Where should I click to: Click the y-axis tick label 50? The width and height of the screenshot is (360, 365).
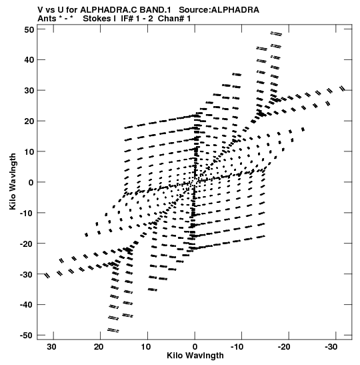pos(29,29)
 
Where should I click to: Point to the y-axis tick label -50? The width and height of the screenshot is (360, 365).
pos(27,336)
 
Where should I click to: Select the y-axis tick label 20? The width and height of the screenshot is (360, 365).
pos(29,121)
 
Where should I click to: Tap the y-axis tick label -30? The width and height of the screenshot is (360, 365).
pos(27,274)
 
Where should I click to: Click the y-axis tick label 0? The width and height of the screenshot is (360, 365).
pos(31,183)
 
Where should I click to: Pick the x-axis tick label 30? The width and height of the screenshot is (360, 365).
pos(51,347)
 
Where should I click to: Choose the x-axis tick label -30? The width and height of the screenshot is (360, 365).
pos(331,347)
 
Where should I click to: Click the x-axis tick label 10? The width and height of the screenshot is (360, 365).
pos(146,347)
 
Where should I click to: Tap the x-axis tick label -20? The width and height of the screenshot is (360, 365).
pos(284,347)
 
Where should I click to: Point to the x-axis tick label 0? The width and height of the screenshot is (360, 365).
pos(195,347)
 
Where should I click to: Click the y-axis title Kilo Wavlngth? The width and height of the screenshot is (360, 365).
pos(13,181)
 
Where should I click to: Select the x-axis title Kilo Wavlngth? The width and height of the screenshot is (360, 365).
pos(195,356)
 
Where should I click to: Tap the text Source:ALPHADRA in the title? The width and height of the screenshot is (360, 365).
pos(219,10)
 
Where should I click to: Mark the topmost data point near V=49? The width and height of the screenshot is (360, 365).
pos(276,34)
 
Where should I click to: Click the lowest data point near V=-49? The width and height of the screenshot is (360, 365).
pos(113,330)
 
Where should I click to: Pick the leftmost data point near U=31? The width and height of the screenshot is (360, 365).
pos(47,276)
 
